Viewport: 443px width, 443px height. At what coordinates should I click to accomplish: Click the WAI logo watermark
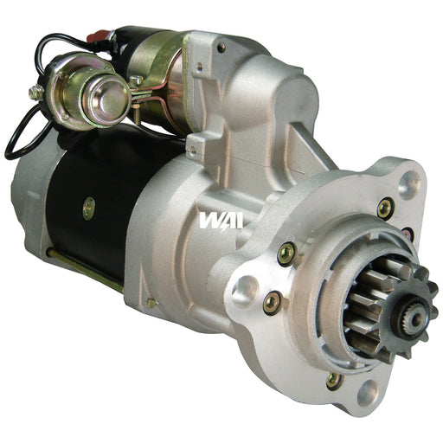[221, 221]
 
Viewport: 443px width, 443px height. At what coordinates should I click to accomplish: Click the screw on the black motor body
[88, 208]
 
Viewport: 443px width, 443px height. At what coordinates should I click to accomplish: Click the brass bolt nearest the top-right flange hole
[385, 208]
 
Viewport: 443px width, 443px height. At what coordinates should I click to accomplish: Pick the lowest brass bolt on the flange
[333, 381]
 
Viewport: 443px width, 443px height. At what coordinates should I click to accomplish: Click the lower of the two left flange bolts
[272, 302]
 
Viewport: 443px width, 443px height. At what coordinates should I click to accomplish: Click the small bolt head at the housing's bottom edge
[151, 303]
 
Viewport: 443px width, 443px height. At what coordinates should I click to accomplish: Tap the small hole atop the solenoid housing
[221, 47]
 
